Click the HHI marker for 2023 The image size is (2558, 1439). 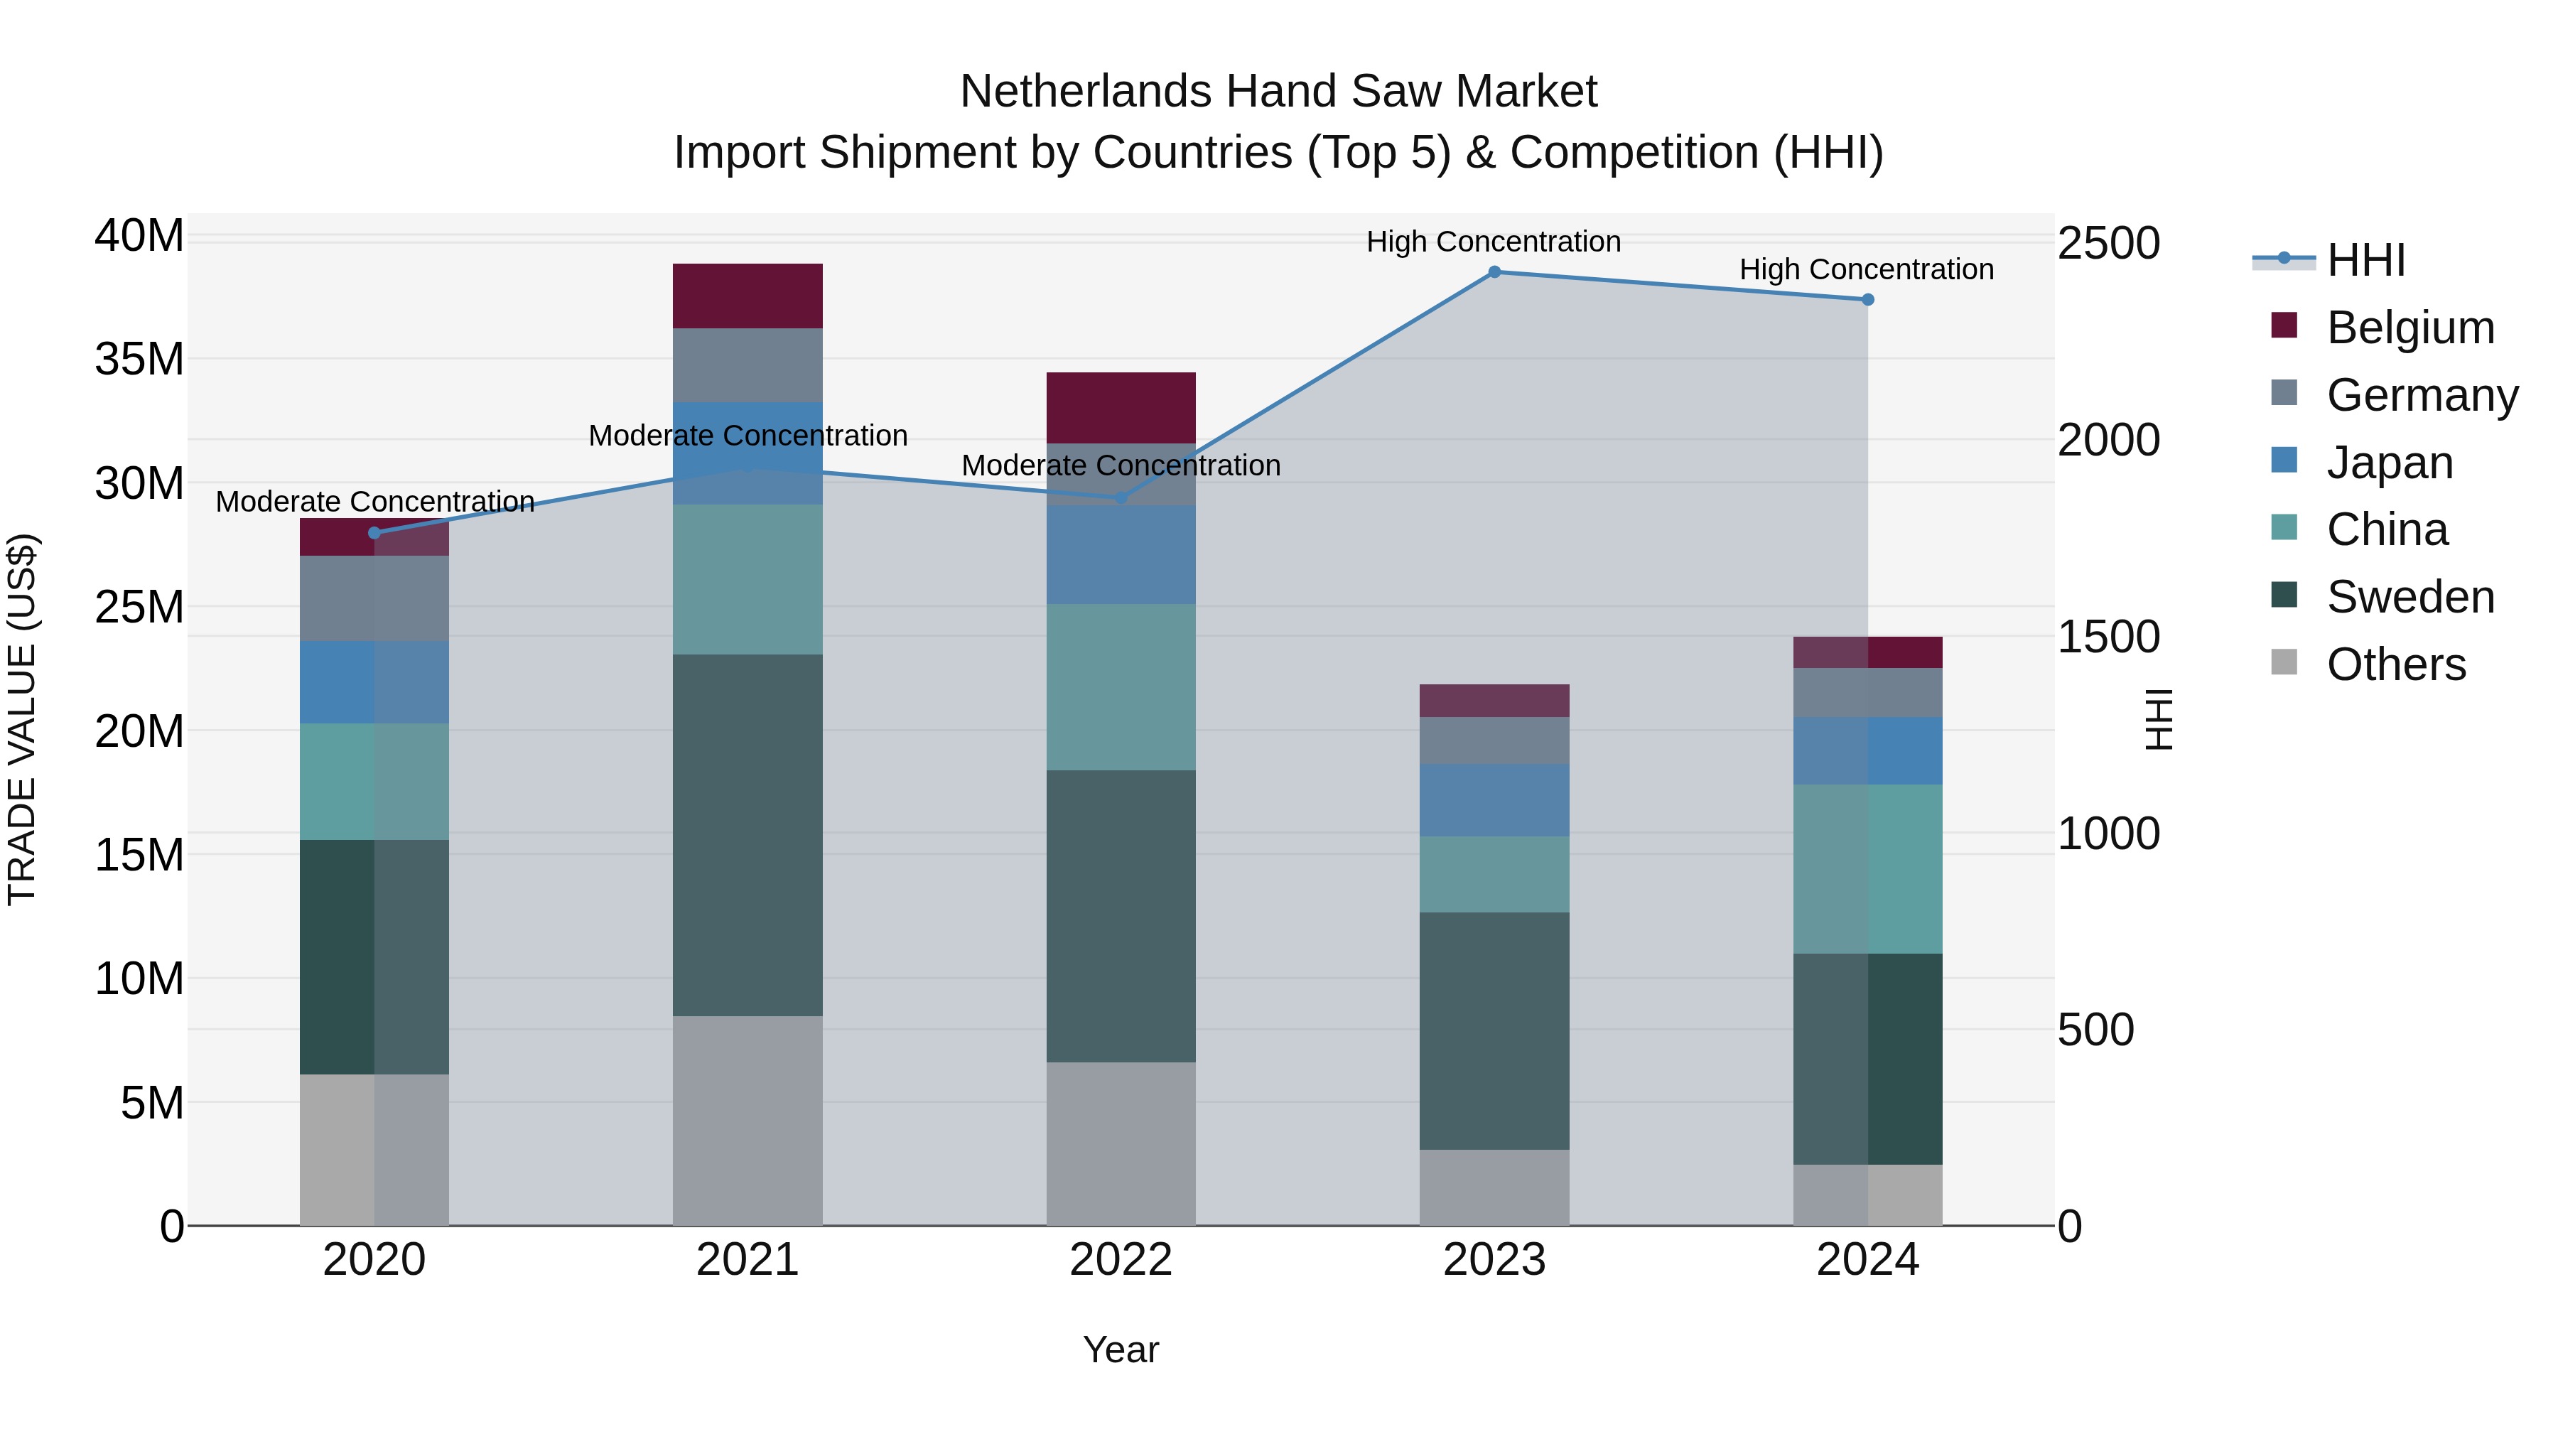pos(1494,272)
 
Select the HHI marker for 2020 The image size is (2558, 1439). pos(374,533)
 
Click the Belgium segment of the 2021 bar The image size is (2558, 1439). pos(747,296)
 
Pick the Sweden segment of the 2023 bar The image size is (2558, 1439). pos(1494,1031)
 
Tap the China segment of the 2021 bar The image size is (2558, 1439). pos(747,579)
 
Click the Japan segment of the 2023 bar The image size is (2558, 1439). pos(1494,800)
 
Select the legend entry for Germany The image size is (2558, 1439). pos(2421,395)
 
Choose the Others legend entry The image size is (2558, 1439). pos(2395,664)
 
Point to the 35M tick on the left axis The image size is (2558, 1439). pos(139,359)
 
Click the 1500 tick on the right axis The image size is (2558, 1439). pos(2108,637)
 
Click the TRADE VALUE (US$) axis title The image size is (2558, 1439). pos(22,719)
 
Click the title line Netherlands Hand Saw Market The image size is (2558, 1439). pos(1278,92)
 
